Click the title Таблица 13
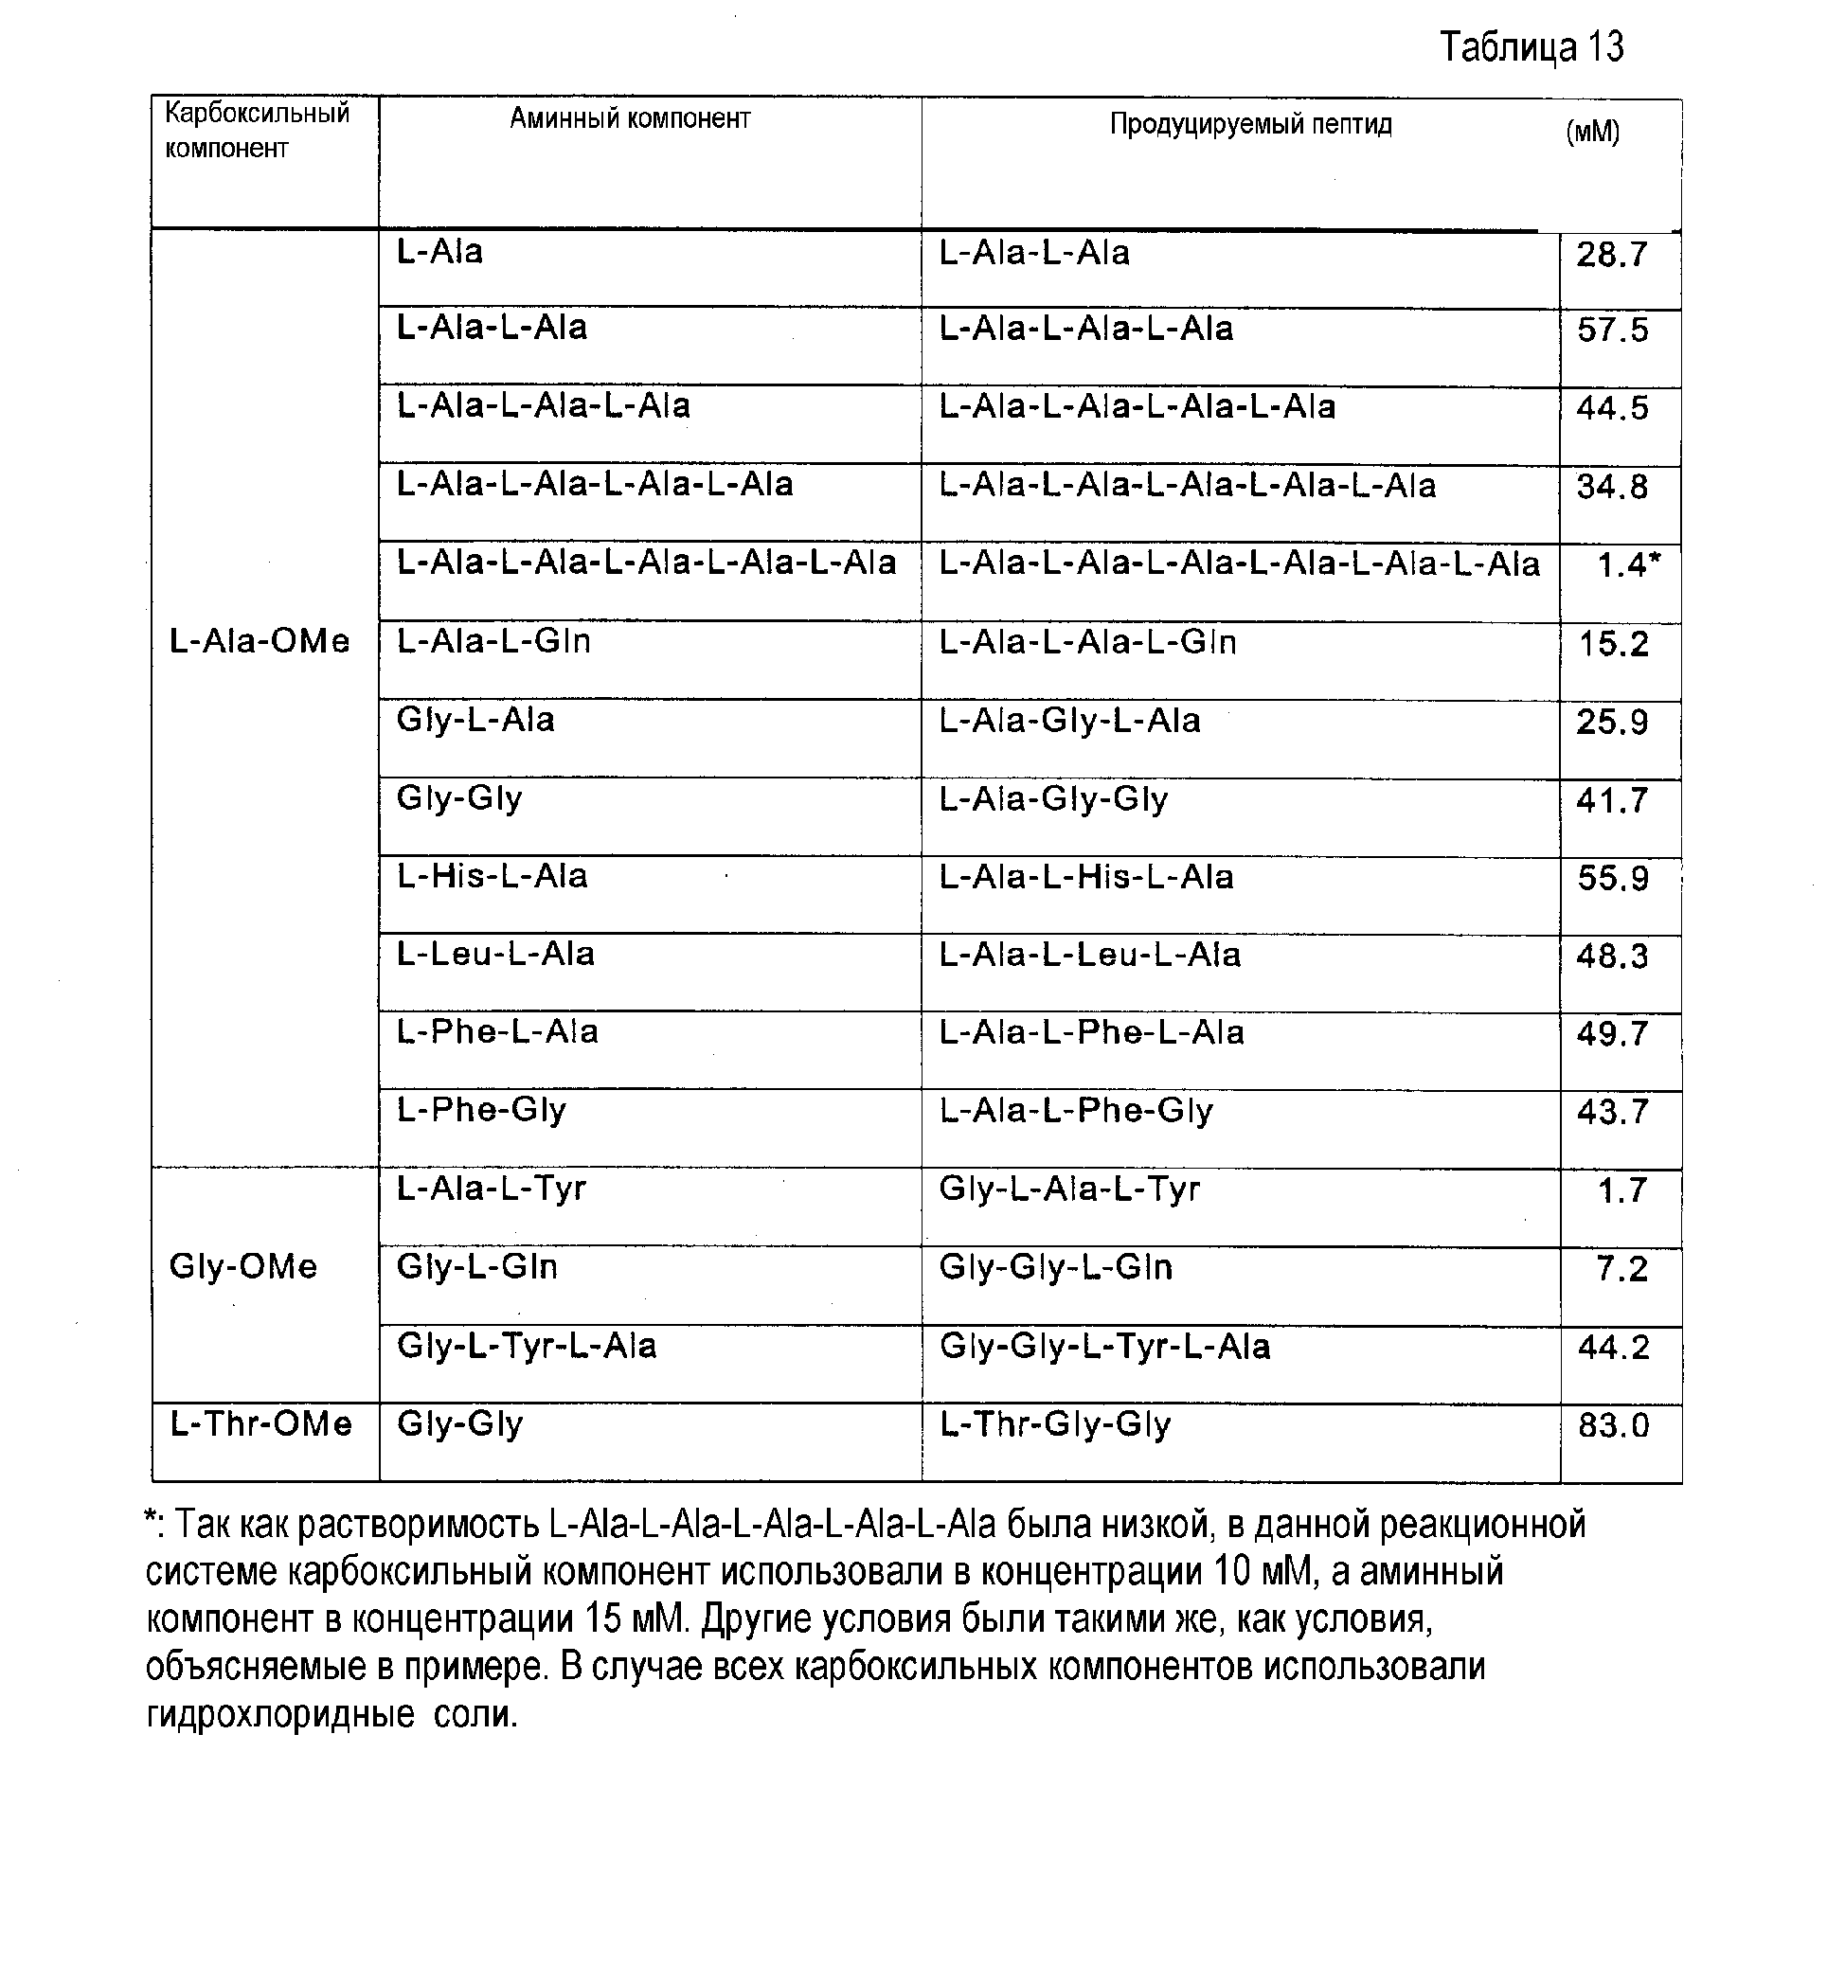(x=1531, y=47)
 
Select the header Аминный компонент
(x=629, y=118)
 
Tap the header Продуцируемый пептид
(x=1250, y=125)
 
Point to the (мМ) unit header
(x=1593, y=132)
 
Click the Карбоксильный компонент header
(x=258, y=130)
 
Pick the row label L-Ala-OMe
(x=260, y=642)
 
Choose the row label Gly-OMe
(x=243, y=1266)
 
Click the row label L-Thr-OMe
(x=261, y=1423)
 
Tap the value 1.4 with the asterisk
(x=1628, y=565)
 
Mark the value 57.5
(x=1613, y=330)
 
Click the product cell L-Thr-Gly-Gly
(x=1055, y=1423)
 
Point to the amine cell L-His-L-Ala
(x=492, y=876)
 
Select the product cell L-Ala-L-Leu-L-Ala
(x=1089, y=955)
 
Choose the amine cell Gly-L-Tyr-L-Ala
(x=527, y=1346)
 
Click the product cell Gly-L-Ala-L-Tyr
(x=1069, y=1189)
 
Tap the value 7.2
(x=1621, y=1268)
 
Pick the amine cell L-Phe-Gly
(x=481, y=1110)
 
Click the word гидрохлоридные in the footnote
(x=280, y=1715)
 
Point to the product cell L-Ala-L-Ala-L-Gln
(x=1087, y=643)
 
